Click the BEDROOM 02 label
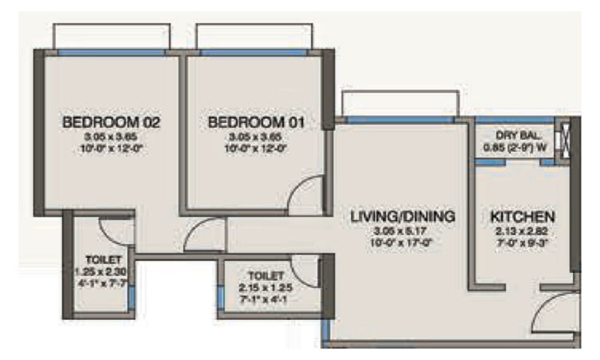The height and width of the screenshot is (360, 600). [x=112, y=123]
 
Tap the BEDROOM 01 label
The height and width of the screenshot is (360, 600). [x=256, y=123]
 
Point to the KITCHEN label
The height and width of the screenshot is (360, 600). [x=522, y=216]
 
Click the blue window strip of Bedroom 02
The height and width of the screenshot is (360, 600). [x=112, y=53]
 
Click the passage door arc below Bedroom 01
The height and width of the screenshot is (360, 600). [x=204, y=235]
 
